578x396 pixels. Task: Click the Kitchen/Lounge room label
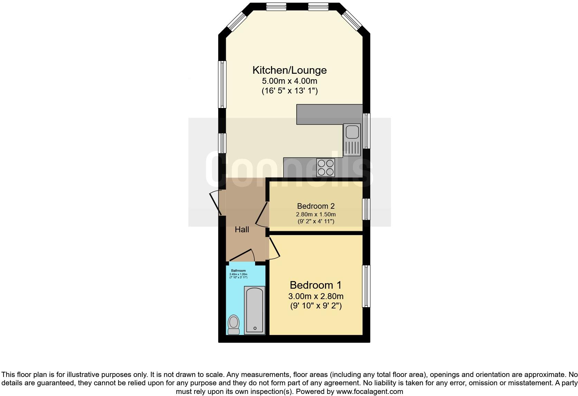click(x=289, y=70)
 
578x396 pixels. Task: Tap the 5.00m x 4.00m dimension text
click(x=289, y=81)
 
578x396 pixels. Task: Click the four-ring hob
click(x=326, y=167)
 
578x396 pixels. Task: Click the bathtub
click(x=254, y=310)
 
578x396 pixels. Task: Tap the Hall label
click(x=242, y=229)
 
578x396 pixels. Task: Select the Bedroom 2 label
click(x=316, y=206)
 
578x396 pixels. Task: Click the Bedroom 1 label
click(x=315, y=285)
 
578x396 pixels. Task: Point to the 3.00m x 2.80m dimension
click(x=316, y=297)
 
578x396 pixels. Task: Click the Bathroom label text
click(x=238, y=271)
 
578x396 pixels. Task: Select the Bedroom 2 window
click(x=366, y=209)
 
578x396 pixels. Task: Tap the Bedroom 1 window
click(x=366, y=286)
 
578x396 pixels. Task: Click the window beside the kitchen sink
click(x=366, y=131)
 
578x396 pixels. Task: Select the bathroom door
click(x=242, y=255)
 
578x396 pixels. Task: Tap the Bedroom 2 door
click(x=262, y=215)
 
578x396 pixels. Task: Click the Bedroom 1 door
click(x=274, y=246)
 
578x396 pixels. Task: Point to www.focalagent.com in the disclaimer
click(x=370, y=391)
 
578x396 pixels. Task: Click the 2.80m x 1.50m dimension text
click(x=316, y=215)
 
